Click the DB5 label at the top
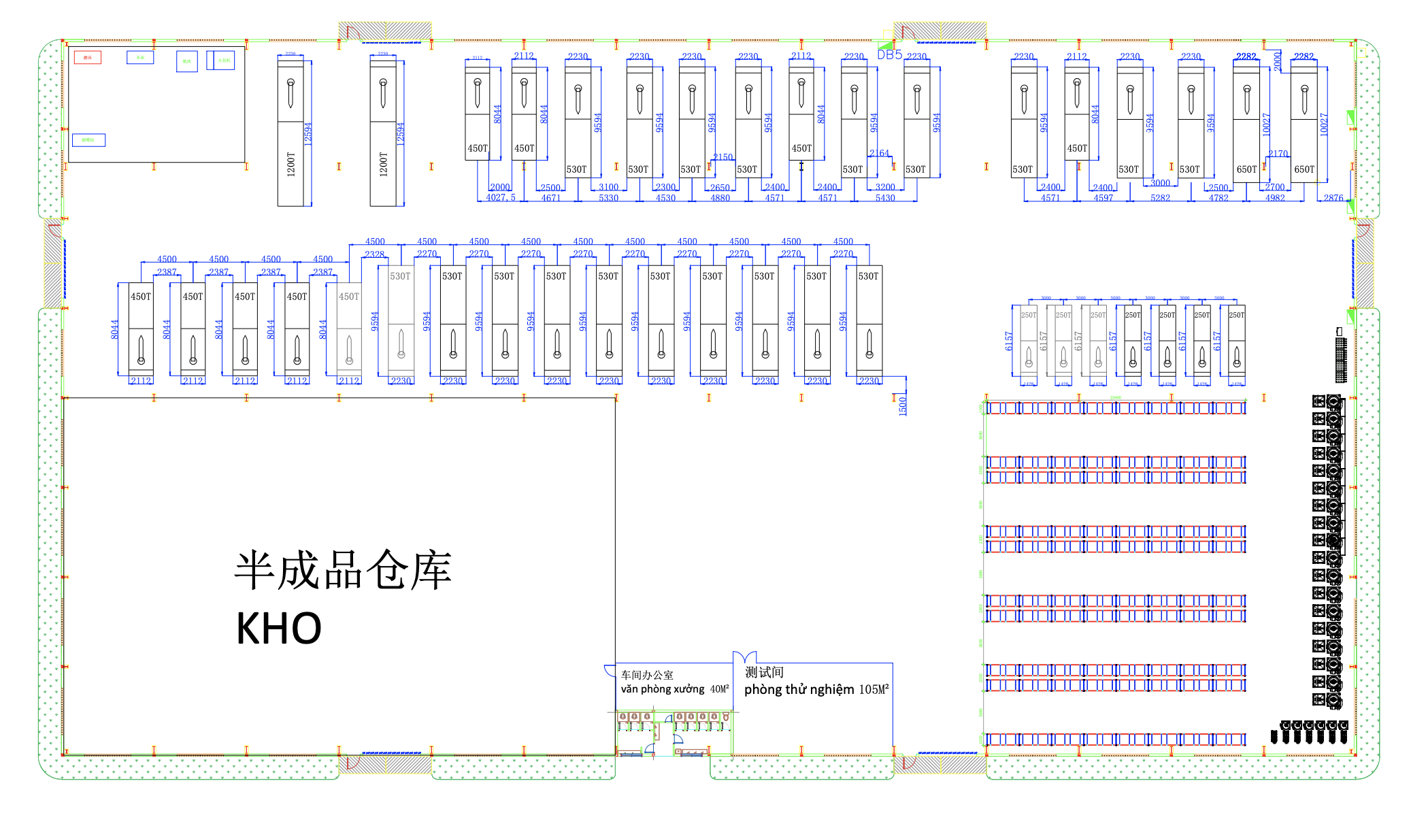889,54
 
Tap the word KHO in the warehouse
278,628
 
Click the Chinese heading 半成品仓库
343,570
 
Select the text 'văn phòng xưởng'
662,689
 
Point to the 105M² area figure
874,690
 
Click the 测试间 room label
764,672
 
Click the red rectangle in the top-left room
88,57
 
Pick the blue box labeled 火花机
224,60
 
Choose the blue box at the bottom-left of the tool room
88,140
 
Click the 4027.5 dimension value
501,198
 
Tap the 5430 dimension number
885,198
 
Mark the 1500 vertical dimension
903,405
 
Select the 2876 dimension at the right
1333,198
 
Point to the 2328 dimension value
374,254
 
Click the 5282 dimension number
1161,198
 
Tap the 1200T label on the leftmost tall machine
291,164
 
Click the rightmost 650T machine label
1304,169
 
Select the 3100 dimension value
608,187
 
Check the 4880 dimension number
720,198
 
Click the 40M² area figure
719,689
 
